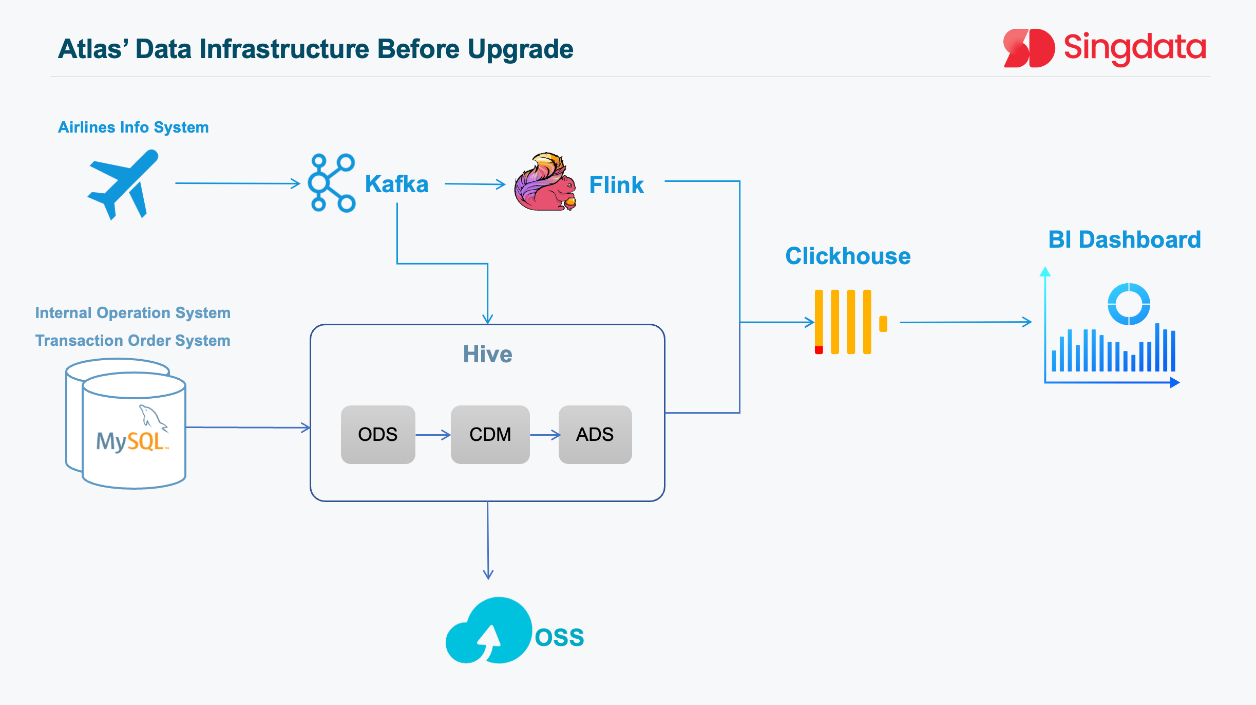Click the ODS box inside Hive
pyautogui.click(x=378, y=435)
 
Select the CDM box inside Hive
pyautogui.click(x=490, y=435)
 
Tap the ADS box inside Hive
pyautogui.click(x=595, y=435)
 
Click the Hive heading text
pyautogui.click(x=487, y=354)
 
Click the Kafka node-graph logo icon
pyautogui.click(x=331, y=183)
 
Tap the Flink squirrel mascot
pyautogui.click(x=545, y=182)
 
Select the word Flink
pyautogui.click(x=616, y=185)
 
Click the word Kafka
pyautogui.click(x=396, y=184)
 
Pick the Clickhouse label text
pyautogui.click(x=848, y=256)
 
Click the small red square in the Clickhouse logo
pyautogui.click(x=819, y=350)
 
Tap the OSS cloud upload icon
pyautogui.click(x=489, y=631)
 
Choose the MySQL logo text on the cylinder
pyautogui.click(x=131, y=441)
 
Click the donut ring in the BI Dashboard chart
pyautogui.click(x=1129, y=304)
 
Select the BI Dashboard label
pyautogui.click(x=1125, y=240)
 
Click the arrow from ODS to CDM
pyautogui.click(x=433, y=435)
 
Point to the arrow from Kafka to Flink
pyautogui.click(x=475, y=184)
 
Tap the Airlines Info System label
pyautogui.click(x=134, y=127)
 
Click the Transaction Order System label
pyautogui.click(x=132, y=341)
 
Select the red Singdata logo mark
pyautogui.click(x=1029, y=48)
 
